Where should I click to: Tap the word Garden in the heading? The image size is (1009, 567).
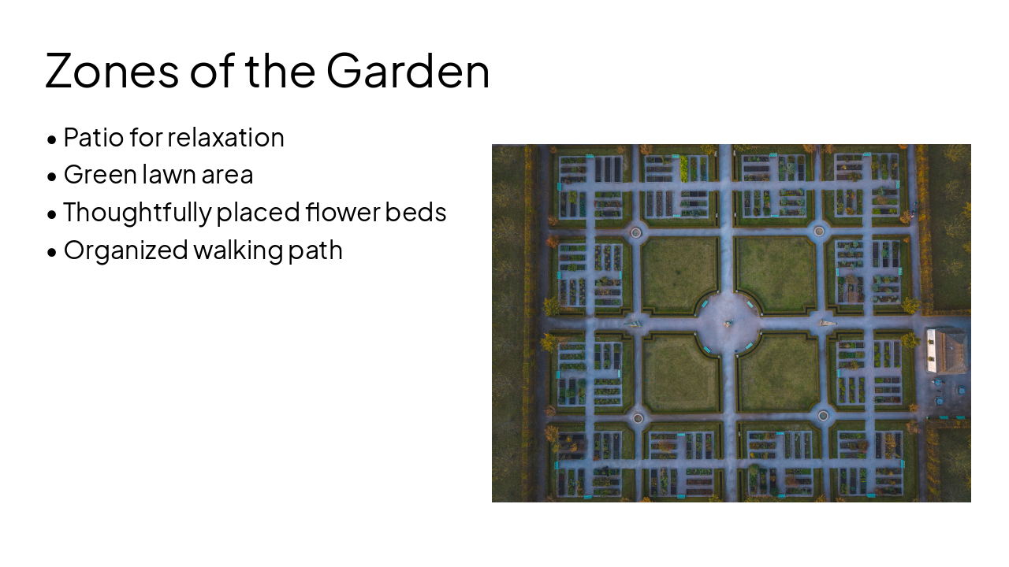click(408, 70)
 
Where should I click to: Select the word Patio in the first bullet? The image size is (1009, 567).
click(93, 138)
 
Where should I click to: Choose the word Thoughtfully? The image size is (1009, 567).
click(137, 213)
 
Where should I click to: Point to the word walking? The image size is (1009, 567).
click(239, 250)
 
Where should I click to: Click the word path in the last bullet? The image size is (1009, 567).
click(317, 250)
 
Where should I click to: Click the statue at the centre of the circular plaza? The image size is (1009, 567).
click(728, 322)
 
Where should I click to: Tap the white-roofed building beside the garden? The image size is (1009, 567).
click(945, 350)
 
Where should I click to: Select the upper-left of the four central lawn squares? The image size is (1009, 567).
click(679, 273)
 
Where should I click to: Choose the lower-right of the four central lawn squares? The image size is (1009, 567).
click(778, 372)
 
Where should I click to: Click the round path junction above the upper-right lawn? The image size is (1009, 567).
click(819, 232)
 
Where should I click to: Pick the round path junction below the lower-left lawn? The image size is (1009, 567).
click(638, 417)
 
